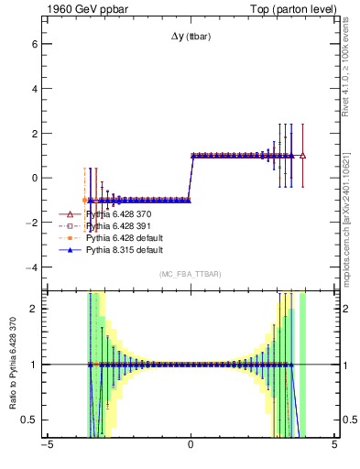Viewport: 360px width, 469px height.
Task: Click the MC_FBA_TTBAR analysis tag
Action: pyautogui.click(x=191, y=274)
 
